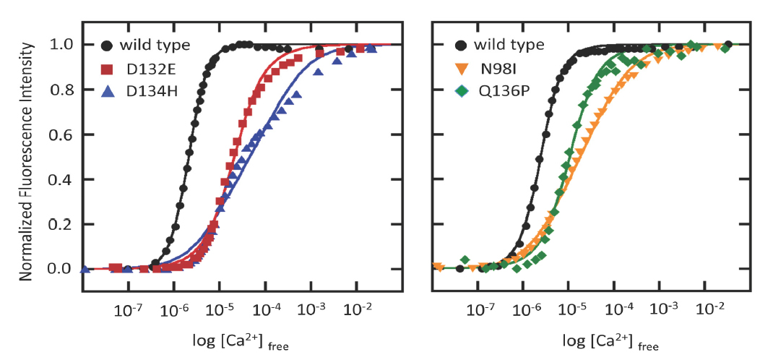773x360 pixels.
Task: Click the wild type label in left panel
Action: (155, 46)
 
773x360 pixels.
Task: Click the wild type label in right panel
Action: (509, 46)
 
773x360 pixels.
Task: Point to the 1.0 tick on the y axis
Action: (58, 45)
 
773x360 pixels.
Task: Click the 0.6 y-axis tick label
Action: (58, 134)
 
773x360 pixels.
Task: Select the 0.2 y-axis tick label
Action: (58, 224)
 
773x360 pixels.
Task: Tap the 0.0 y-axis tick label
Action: (58, 269)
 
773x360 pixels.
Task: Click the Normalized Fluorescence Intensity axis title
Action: (28, 158)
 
